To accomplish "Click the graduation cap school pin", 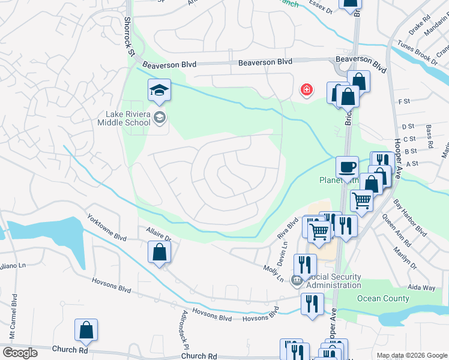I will click(x=159, y=91).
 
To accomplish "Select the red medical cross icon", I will click(x=307, y=90).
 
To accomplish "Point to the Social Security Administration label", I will click(x=334, y=281).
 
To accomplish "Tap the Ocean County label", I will click(x=382, y=298).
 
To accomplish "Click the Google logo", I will click(x=20, y=352).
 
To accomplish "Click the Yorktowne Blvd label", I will click(x=107, y=227).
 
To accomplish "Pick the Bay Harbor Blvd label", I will click(x=410, y=217).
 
